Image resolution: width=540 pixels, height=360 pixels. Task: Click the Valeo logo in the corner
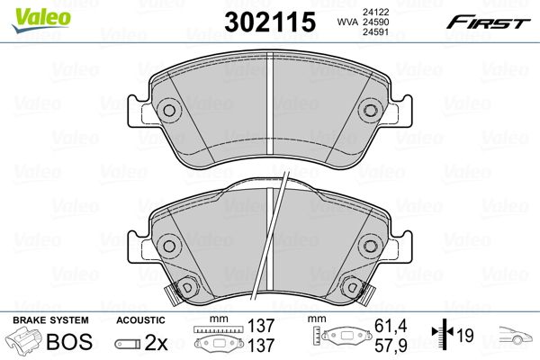click(x=41, y=19)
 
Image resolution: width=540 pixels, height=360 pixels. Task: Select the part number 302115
click(x=270, y=22)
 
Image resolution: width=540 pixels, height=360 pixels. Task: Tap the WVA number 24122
click(x=375, y=12)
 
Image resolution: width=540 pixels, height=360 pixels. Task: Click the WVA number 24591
click(x=375, y=32)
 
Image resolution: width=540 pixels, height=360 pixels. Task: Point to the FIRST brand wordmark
click(x=489, y=22)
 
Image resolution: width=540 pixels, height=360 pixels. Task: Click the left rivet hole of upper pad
click(x=169, y=110)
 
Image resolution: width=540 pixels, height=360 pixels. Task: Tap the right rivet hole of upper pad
click(x=371, y=110)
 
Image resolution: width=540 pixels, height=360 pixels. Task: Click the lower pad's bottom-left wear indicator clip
click(x=173, y=294)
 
